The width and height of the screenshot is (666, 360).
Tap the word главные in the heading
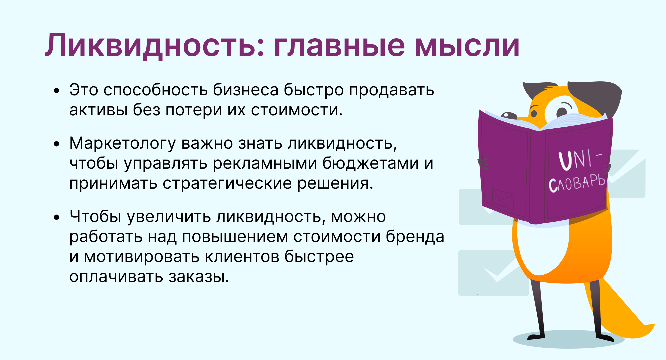(x=340, y=46)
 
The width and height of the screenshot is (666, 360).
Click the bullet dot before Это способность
(x=57, y=90)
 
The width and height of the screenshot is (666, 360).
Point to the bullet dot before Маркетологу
(x=57, y=144)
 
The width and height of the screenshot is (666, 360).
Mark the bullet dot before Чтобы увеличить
(x=57, y=217)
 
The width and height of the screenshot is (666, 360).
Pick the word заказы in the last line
(x=199, y=277)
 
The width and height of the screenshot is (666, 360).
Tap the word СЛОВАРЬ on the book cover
(x=577, y=183)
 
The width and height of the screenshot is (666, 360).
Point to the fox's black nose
(x=509, y=116)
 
